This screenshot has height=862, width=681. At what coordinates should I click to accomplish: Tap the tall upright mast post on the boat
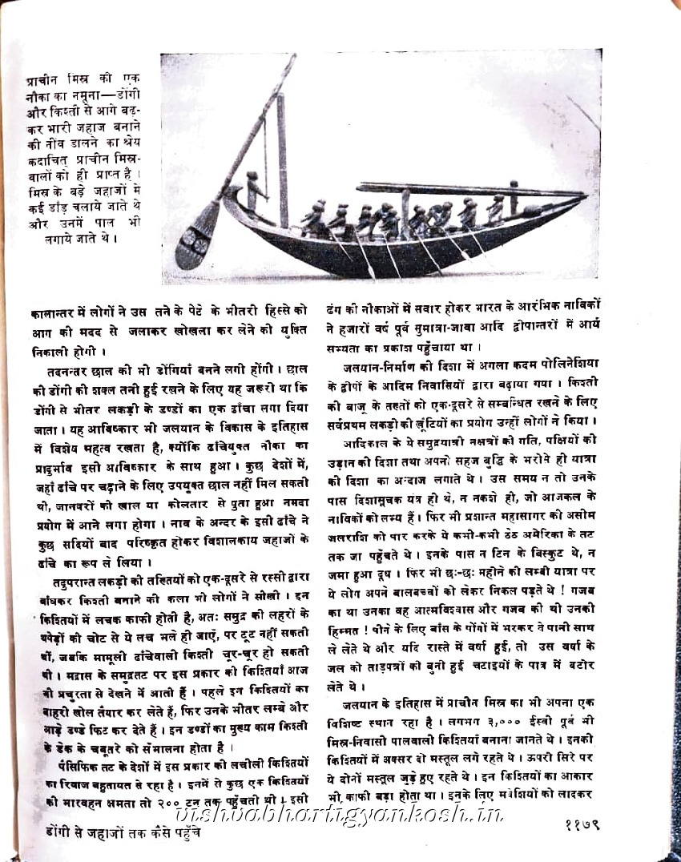[282, 160]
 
